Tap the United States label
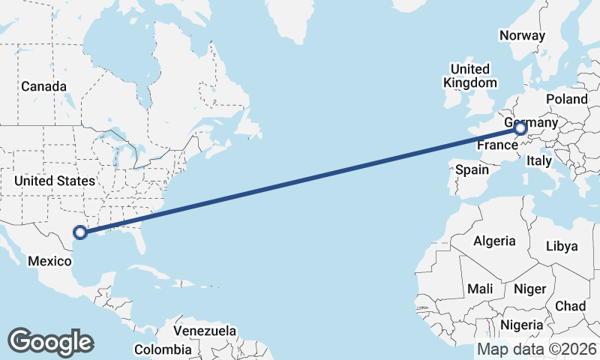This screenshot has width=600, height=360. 55,181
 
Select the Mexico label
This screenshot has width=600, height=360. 49,261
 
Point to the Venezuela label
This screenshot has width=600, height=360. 205,331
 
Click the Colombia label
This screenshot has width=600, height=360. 163,349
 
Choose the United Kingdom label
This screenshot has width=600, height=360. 470,76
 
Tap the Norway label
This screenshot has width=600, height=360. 522,35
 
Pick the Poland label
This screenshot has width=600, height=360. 567,99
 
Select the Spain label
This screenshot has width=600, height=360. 472,170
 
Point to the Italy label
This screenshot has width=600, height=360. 539,160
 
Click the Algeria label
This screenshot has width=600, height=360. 494,241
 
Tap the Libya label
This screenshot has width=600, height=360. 562,246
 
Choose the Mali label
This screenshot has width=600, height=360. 480,289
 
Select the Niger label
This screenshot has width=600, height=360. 529,289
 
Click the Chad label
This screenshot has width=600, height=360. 571,306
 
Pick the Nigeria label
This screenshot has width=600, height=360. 522,325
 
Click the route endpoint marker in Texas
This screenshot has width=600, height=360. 81,233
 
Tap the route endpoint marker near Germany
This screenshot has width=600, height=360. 520,130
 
